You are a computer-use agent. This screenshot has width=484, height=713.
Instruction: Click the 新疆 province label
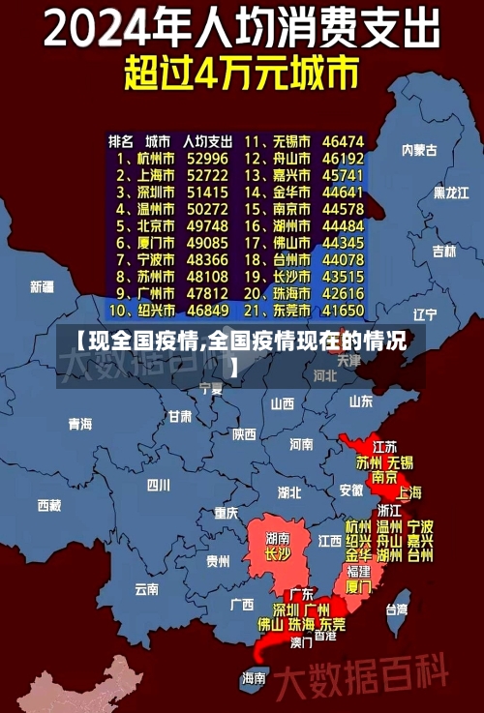tap(42, 286)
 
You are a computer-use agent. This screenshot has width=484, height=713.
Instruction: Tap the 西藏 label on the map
tap(48, 505)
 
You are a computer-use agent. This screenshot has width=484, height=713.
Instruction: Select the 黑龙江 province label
tap(451, 193)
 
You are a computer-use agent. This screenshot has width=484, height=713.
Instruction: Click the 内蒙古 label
tap(419, 150)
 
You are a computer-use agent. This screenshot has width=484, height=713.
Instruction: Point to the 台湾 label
tap(397, 609)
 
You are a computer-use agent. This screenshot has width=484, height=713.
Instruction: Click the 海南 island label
tap(254, 677)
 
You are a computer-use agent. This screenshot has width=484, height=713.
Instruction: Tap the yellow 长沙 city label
tap(278, 554)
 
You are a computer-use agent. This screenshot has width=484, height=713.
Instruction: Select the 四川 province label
tap(158, 485)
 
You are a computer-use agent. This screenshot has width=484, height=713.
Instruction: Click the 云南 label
tap(146, 587)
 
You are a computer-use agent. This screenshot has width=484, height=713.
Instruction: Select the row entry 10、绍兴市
tap(142, 312)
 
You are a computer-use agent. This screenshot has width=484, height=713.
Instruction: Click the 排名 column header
tap(121, 141)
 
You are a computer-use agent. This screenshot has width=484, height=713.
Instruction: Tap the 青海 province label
tap(79, 424)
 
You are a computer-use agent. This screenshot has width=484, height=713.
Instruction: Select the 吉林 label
tap(443, 252)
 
